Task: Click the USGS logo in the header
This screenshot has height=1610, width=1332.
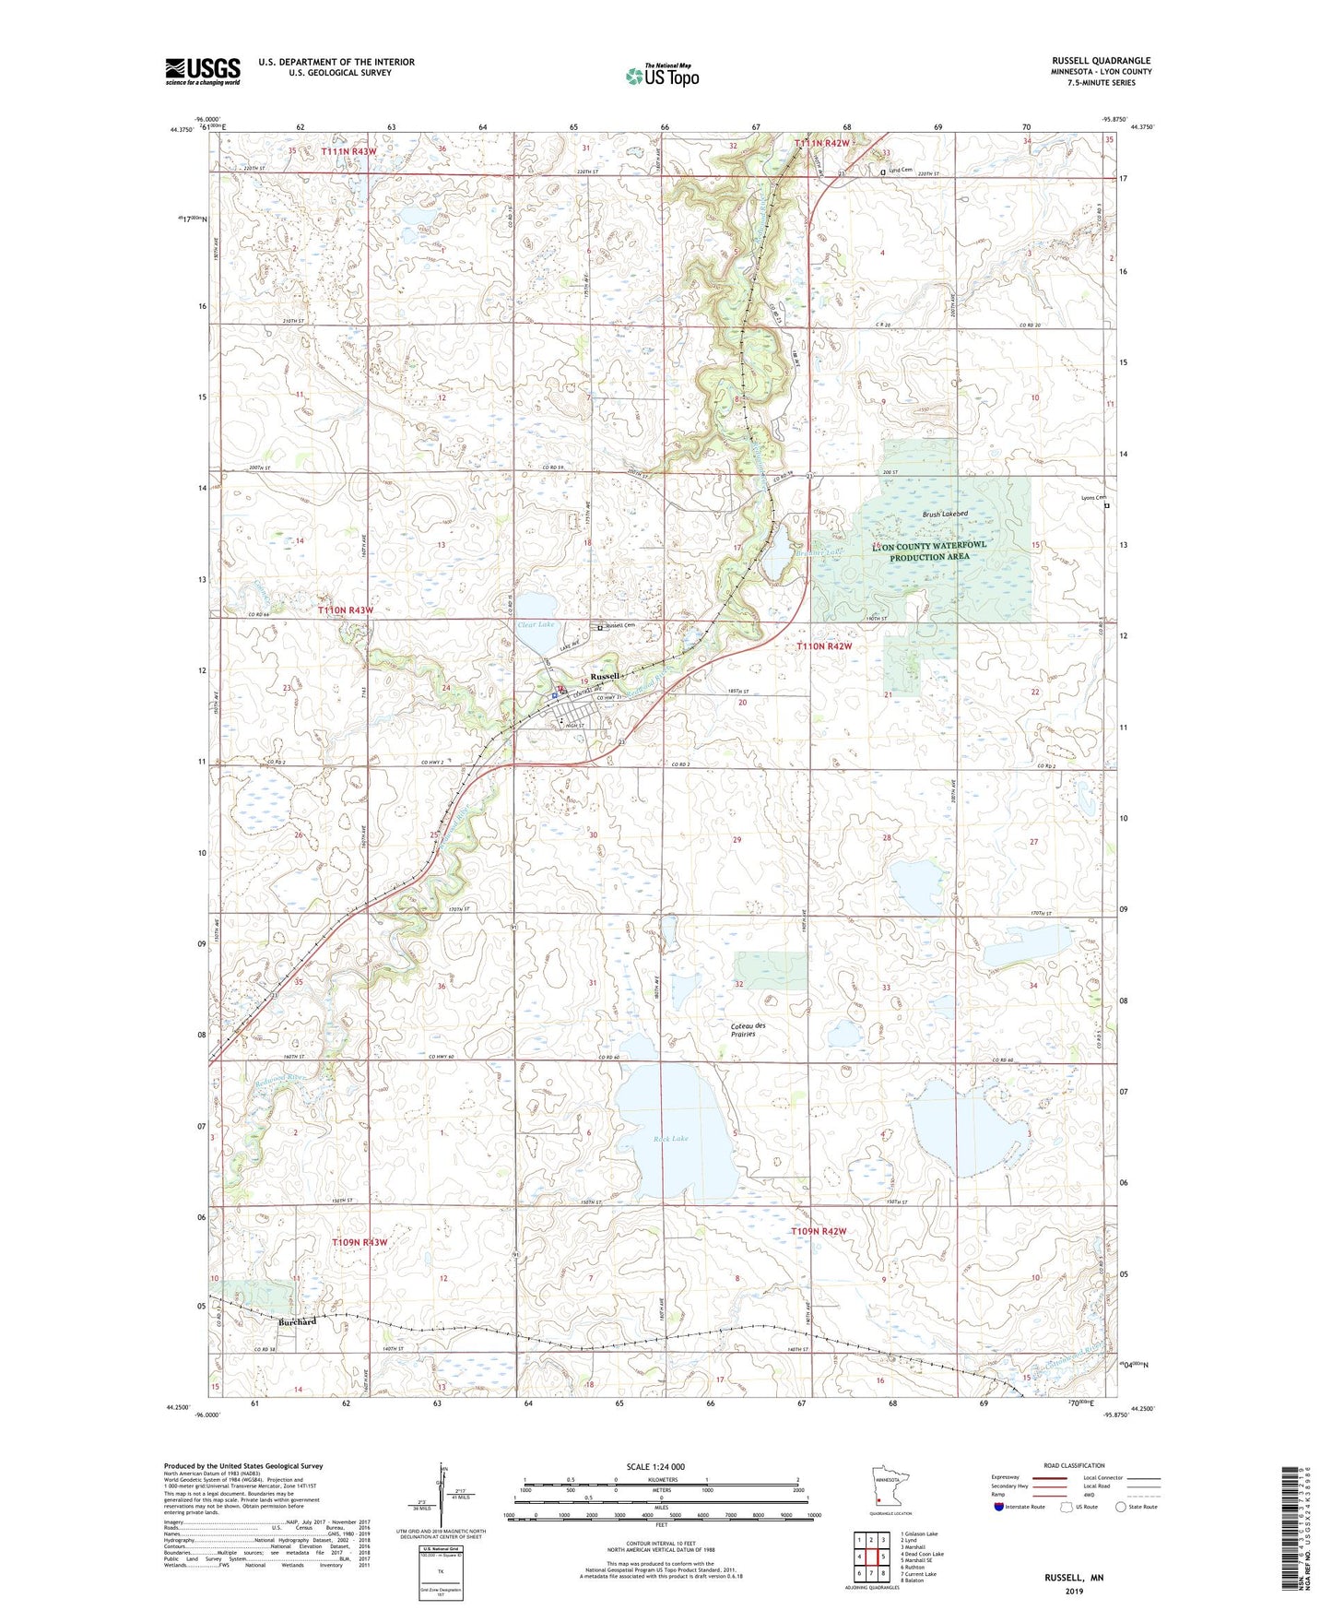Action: pyautogui.click(x=203, y=70)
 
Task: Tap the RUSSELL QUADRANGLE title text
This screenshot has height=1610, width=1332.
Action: pyautogui.click(x=1101, y=61)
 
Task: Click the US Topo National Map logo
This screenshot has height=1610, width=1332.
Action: pyautogui.click(x=662, y=75)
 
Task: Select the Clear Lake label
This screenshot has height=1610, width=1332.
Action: pyautogui.click(x=536, y=625)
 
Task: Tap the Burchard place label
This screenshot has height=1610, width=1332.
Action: pyautogui.click(x=297, y=1321)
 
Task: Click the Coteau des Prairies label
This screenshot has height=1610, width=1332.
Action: pyautogui.click(x=748, y=1029)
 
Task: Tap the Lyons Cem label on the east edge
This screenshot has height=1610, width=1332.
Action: pyautogui.click(x=1093, y=498)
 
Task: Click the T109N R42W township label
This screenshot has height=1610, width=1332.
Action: pyautogui.click(x=819, y=1231)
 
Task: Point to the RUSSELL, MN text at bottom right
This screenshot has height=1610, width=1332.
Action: pyautogui.click(x=1074, y=1578)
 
